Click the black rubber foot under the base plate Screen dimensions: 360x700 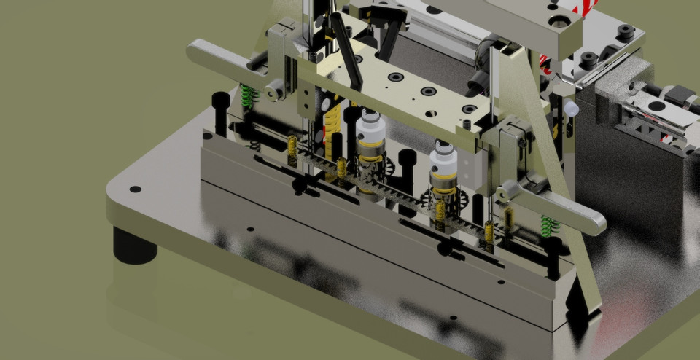tap(134, 246)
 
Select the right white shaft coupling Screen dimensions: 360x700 tap(443, 165)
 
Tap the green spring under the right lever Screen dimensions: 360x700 tap(549, 225)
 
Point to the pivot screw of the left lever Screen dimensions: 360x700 tap(275, 90)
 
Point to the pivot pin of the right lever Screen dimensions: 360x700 tap(504, 194)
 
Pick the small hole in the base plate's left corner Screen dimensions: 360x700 tap(135, 189)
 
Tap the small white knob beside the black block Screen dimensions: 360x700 tap(571, 109)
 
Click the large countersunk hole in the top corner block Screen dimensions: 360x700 tap(559, 20)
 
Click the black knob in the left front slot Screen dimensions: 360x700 tap(300, 186)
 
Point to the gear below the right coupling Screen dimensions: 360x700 tap(437, 197)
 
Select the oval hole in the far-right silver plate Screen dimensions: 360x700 tap(656, 106)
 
